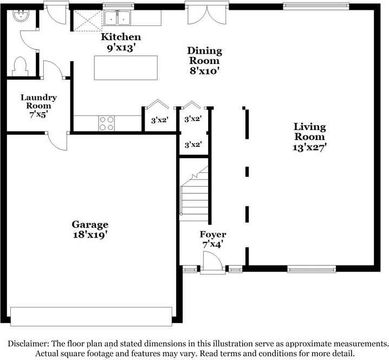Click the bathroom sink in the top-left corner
tap(21, 16)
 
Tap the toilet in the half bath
tap(20, 67)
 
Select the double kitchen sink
tap(117, 18)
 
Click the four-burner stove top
tap(106, 124)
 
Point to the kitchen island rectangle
tap(126, 68)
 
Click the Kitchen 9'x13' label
tap(121, 42)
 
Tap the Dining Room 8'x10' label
tap(204, 61)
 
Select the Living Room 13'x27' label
tap(309, 137)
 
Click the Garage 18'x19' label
tap(90, 229)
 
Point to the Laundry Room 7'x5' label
tap(38, 106)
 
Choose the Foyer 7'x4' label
tap(213, 239)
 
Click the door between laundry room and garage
tap(57, 140)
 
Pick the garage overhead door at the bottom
tap(91, 317)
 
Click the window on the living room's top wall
tap(316, 6)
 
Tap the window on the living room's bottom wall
tap(312, 269)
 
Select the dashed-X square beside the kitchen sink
tap(88, 21)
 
